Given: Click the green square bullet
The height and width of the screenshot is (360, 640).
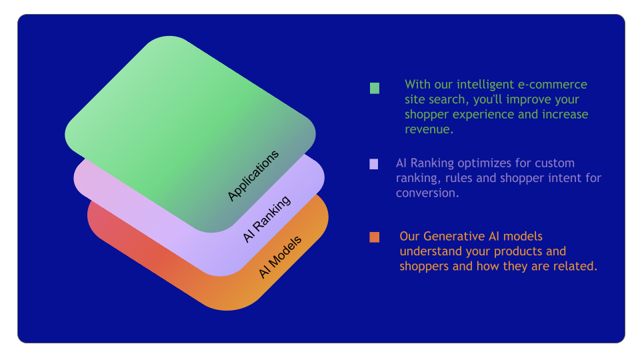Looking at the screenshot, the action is point(374,88).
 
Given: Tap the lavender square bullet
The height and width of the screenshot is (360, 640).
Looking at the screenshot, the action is point(373,164).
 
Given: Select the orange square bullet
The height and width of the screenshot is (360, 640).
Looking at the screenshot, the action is point(374,237).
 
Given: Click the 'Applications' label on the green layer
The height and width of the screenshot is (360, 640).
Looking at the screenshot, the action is point(253,175).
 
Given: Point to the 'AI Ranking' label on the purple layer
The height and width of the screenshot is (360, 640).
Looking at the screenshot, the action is point(267,219).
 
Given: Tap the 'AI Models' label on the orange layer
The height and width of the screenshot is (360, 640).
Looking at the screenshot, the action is point(280,257).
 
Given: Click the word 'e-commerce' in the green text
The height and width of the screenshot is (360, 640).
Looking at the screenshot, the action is point(552,85).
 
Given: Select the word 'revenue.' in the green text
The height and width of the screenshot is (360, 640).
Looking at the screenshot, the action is point(429,129).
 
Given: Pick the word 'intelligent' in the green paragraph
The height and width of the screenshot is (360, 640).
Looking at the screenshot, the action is point(485,85).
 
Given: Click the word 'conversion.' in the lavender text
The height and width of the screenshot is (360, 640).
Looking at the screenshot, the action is point(427,193).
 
